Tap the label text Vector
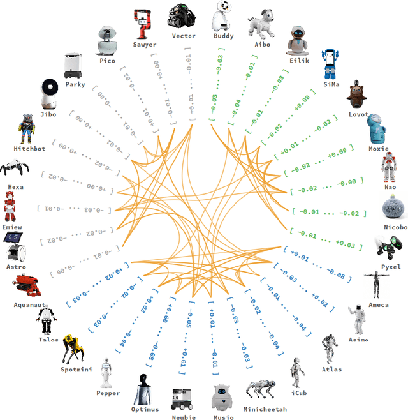pos(184,36)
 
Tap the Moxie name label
pos(379,149)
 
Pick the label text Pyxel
pos(390,267)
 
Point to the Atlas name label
pos(331,370)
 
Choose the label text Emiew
pos(12,227)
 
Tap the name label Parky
pos(75,84)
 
